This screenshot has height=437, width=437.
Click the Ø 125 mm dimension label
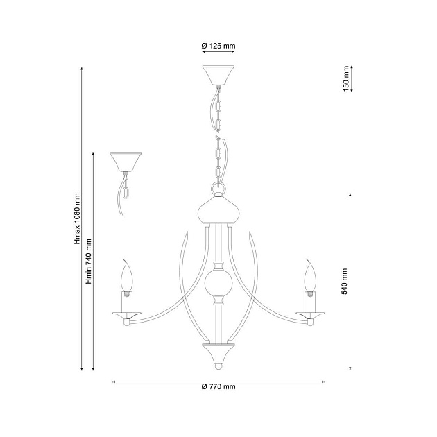pos(218,46)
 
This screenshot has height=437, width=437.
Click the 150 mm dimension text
pos(345,78)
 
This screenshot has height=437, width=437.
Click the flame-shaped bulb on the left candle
pos(126,277)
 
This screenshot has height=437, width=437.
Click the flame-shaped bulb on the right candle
pos(310,277)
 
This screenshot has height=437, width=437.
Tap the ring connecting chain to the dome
pos(218,189)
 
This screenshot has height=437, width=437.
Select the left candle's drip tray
pos(126,316)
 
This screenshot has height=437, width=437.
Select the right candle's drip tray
pos(310,316)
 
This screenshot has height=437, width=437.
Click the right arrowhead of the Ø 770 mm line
pos(324,381)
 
